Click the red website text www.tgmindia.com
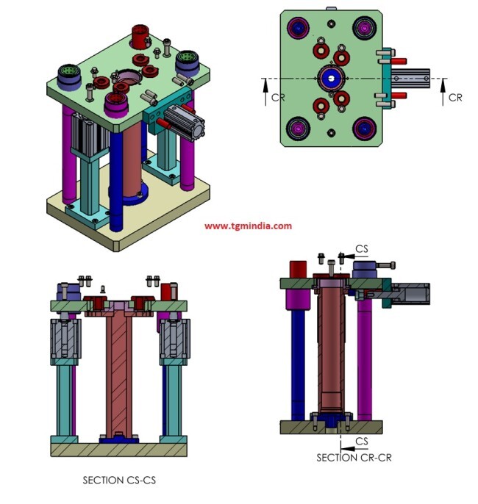coord(248,226)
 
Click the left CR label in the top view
coord(277,97)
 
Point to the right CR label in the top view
coord(455,97)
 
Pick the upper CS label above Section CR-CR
coord(362,249)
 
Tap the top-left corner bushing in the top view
coord(300,29)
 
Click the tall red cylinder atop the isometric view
coord(140,35)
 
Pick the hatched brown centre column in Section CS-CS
coord(118,375)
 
